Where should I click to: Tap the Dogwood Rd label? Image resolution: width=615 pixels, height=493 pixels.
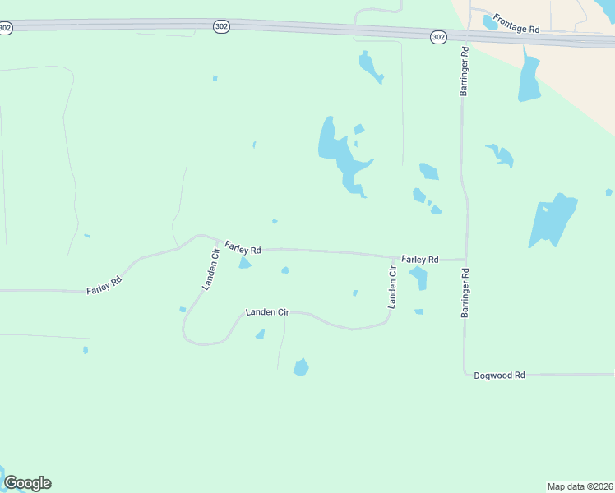(x=499, y=375)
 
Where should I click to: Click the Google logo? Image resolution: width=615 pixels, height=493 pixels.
(x=27, y=483)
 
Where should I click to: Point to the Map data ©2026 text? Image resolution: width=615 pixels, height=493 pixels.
(x=579, y=486)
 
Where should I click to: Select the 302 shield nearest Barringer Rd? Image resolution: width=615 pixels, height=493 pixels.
(x=438, y=37)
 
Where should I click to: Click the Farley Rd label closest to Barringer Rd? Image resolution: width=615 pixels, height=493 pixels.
(x=420, y=259)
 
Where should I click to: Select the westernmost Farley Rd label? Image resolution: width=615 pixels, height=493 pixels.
(x=104, y=285)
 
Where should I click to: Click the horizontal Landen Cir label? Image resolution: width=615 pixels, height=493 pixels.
(x=267, y=312)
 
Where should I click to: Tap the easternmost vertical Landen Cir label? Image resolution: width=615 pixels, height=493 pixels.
(x=393, y=286)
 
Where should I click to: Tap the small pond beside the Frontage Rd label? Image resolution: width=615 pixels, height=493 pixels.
(x=490, y=22)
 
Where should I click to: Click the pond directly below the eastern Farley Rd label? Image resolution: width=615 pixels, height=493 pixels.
(x=419, y=278)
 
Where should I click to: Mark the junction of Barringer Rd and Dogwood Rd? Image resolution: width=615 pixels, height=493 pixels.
(x=465, y=374)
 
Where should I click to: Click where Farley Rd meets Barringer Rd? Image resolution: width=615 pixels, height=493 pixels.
(x=466, y=260)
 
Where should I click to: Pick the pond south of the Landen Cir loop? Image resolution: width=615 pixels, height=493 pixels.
(x=301, y=366)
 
